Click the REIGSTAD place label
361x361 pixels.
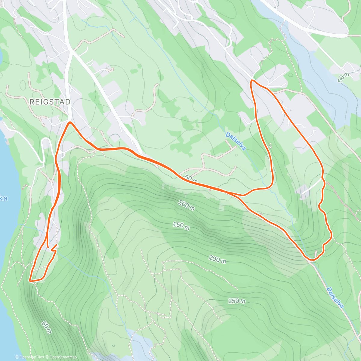pos(50,102)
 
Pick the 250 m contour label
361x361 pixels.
pos(236,301)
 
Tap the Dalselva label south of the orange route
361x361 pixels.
pos(335,298)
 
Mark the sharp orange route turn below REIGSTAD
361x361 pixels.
pos(70,122)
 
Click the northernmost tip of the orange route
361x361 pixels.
pos(251,81)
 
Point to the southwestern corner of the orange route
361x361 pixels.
pos(30,280)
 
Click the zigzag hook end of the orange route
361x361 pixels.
pos(54,248)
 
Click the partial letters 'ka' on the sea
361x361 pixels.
pos(4,199)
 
